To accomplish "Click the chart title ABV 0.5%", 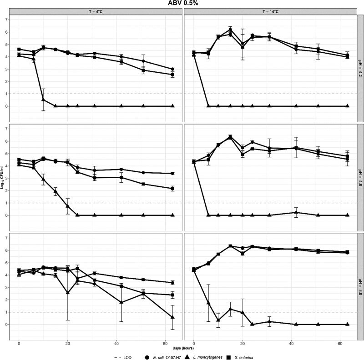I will click(182, 4).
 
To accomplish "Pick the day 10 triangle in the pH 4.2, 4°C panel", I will click(43, 100).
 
